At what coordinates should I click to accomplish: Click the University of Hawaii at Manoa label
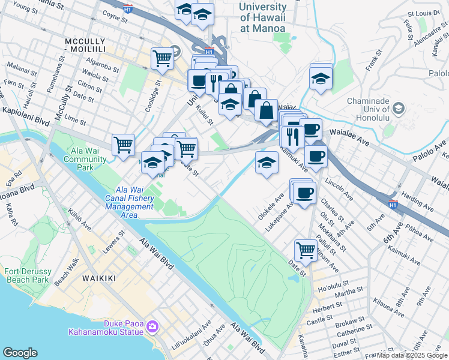point(262,17)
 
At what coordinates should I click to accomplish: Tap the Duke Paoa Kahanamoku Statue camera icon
point(152,326)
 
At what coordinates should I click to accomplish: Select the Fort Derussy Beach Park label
point(26,275)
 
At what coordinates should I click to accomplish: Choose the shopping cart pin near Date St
point(306,250)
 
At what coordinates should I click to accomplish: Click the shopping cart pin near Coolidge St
point(162,58)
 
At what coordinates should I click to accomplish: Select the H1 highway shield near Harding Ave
point(393,204)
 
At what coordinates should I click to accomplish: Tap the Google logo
point(20,353)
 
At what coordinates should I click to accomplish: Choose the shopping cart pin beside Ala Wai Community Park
point(123,144)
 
